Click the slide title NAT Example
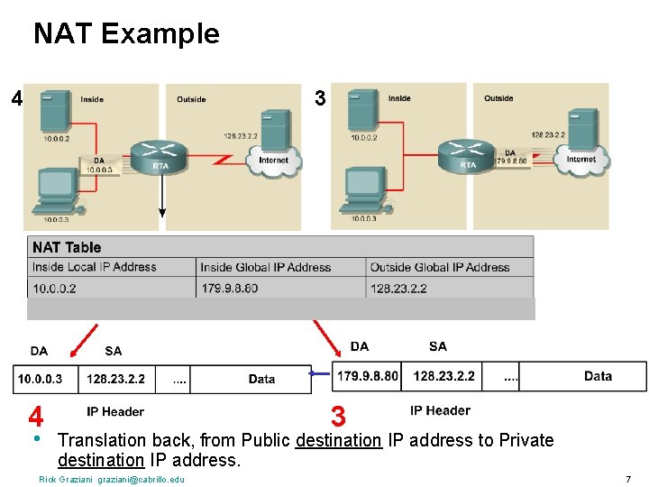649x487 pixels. (x=126, y=34)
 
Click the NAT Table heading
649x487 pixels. (x=67, y=247)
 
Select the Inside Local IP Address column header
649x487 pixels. (x=95, y=267)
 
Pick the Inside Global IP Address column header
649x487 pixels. (x=266, y=267)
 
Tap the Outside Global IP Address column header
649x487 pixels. (x=440, y=267)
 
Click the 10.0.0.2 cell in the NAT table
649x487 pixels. (x=54, y=289)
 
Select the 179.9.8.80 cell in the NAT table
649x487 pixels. (x=229, y=289)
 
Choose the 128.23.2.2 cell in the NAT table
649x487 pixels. (x=398, y=289)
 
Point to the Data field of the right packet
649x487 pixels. (x=598, y=376)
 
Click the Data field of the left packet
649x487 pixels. (x=261, y=379)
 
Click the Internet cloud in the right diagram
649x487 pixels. (x=581, y=158)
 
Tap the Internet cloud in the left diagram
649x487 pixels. (x=273, y=160)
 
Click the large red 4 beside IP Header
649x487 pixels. (x=36, y=417)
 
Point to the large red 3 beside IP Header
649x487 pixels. (x=338, y=416)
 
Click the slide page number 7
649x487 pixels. (x=627, y=479)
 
